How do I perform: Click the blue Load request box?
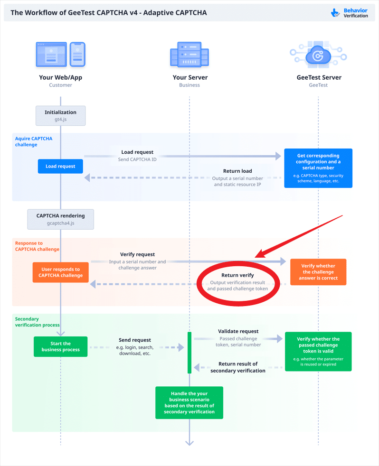[60, 166]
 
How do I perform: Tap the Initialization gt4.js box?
[60, 115]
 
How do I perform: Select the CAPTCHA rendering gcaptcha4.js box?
[60, 219]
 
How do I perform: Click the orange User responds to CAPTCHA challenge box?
[60, 272]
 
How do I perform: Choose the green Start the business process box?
[60, 346]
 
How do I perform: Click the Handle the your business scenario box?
[189, 402]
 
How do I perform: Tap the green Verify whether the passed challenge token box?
[318, 351]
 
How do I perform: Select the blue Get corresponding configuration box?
[318, 168]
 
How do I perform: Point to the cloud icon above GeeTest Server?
[318, 55]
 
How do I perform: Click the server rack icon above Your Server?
[189, 55]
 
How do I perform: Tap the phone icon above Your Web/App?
[77, 55]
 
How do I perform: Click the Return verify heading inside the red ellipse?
[237, 275]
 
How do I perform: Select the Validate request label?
[238, 331]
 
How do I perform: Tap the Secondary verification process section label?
[37, 322]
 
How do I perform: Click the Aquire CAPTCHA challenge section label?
[34, 141]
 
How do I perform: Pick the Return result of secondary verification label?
[238, 367]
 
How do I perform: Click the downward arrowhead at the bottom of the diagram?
[189, 443]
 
